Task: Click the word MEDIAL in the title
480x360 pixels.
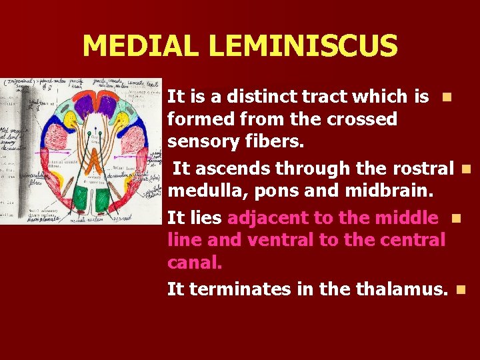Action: coord(141,46)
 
